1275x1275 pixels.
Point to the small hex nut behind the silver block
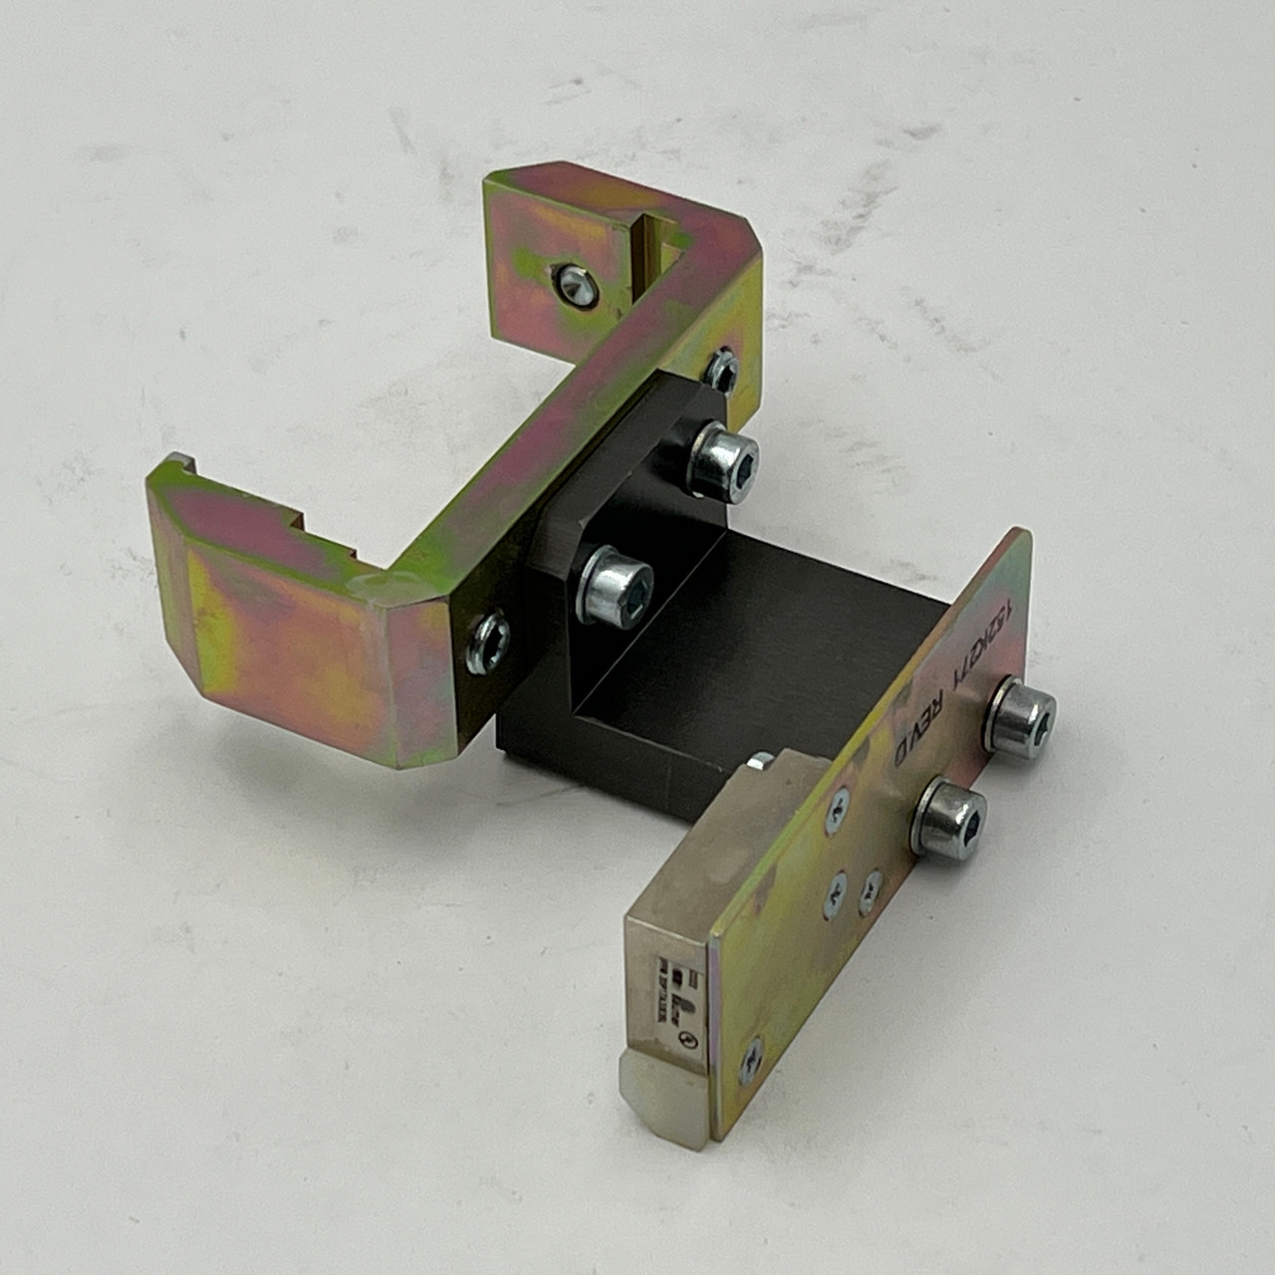click(x=759, y=763)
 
